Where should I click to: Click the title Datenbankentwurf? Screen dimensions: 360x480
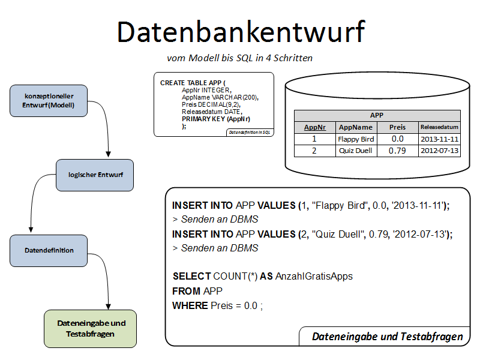[x=241, y=32]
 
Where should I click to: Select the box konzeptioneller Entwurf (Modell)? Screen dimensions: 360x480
[x=49, y=100]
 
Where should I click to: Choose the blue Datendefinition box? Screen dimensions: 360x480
[x=49, y=250]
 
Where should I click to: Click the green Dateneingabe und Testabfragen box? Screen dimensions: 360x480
[x=91, y=328]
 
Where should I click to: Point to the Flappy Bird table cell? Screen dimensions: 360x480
[x=356, y=139]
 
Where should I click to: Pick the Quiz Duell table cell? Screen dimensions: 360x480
[x=356, y=151]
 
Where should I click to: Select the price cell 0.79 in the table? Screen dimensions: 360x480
[x=397, y=151]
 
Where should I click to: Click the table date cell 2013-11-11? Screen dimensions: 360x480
[x=439, y=139]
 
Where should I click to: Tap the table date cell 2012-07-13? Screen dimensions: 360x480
[x=439, y=151]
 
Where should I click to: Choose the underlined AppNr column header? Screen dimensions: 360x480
[x=314, y=127]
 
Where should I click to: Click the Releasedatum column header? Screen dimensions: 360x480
[x=439, y=127]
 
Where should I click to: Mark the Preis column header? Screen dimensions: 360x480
[x=397, y=127]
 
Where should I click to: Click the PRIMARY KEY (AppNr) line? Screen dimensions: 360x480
[x=216, y=119]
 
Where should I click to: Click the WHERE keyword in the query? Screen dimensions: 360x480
[x=190, y=305]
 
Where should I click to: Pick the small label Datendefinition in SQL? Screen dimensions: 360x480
[x=250, y=132]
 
